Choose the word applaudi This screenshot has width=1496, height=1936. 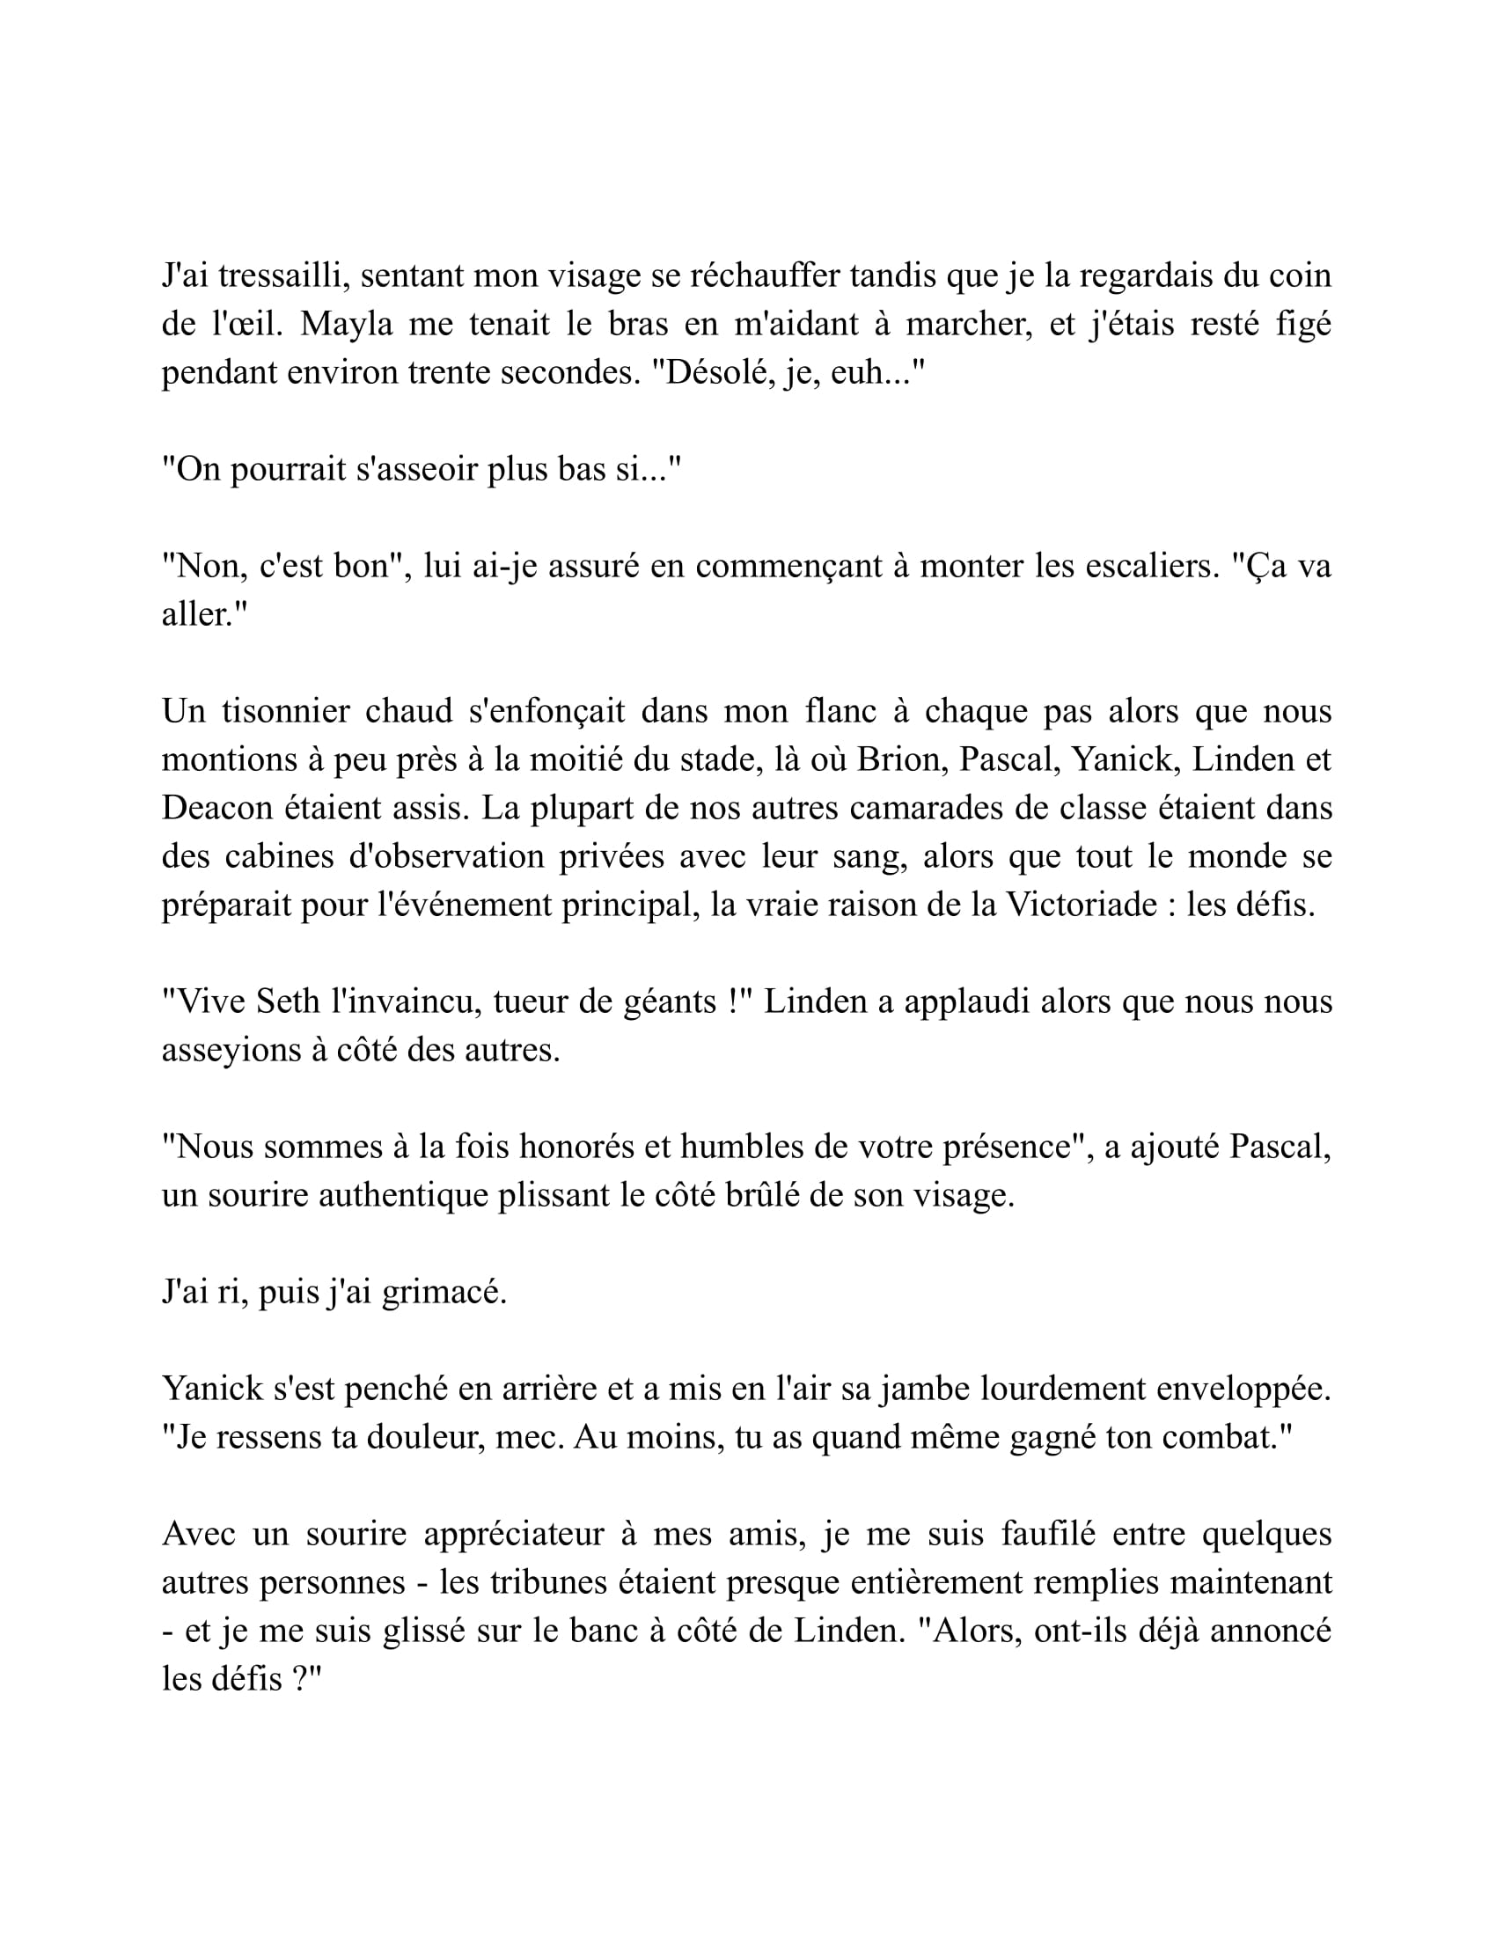(x=957, y=1001)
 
